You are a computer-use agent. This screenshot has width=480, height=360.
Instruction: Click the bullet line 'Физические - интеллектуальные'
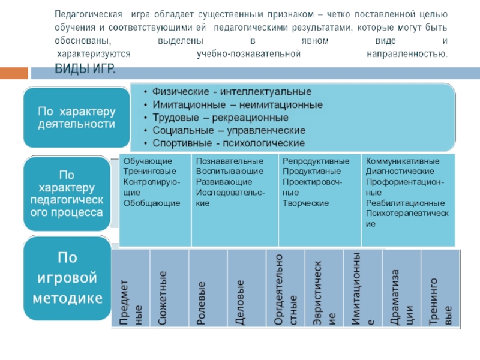coord(232,92)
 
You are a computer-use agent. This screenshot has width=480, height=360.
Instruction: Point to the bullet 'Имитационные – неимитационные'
coord(237,104)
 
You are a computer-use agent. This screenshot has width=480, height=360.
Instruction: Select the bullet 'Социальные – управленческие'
coord(229,130)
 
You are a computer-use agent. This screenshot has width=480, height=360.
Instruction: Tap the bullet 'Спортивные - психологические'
coord(228,143)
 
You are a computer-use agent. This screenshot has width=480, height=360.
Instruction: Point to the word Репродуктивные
coord(316,161)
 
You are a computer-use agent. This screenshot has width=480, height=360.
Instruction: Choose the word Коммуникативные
coord(403,161)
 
